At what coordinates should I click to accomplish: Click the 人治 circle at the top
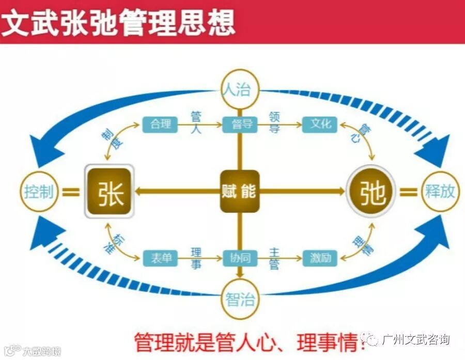click(x=239, y=89)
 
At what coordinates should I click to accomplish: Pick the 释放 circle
click(x=440, y=192)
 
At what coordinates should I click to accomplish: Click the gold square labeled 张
click(x=110, y=192)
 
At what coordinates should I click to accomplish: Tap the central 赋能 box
click(x=240, y=191)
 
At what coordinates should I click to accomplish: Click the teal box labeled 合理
click(x=160, y=124)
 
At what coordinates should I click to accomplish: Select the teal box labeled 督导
click(x=240, y=124)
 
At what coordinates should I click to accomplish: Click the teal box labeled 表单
click(x=160, y=257)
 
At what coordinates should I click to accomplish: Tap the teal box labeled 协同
click(x=240, y=257)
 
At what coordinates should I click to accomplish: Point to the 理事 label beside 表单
click(x=196, y=257)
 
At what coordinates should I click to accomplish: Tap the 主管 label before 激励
click(x=274, y=257)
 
